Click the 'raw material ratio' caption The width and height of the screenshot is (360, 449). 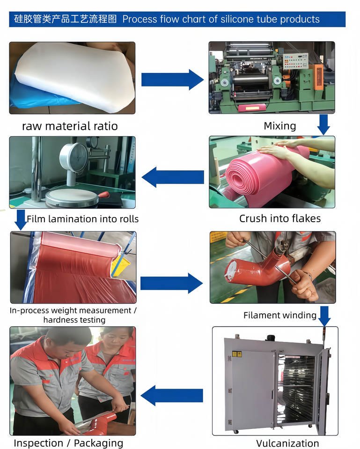pos(70,126)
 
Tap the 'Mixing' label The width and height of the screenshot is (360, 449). pos(280,126)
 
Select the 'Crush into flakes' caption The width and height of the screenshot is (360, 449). pos(280,218)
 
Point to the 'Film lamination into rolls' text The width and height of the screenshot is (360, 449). pos(82,219)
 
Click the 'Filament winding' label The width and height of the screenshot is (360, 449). pos(280,315)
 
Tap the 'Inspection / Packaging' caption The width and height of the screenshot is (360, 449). pos(68,443)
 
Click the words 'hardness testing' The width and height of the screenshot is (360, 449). pos(74,320)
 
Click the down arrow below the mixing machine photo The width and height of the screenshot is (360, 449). pos(323,124)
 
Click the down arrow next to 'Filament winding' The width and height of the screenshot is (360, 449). pos(324,316)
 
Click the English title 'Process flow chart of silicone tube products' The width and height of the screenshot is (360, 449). pos(221,19)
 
